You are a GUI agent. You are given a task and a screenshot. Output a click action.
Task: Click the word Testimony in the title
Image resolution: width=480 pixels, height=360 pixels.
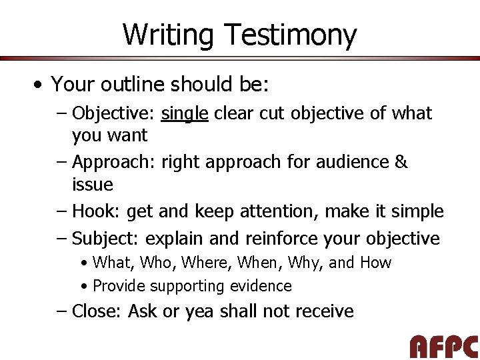point(291,35)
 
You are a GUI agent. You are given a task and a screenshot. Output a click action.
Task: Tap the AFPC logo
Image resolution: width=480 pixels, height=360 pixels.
point(443,347)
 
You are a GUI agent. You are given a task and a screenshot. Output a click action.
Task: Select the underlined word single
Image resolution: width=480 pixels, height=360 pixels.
point(185,114)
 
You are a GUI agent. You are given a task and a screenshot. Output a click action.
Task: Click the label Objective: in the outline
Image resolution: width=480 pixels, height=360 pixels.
point(114,114)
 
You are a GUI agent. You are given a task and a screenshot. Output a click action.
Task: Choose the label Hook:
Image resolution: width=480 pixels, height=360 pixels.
point(97,212)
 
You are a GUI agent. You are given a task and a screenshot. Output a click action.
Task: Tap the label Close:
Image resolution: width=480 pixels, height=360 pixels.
point(97,311)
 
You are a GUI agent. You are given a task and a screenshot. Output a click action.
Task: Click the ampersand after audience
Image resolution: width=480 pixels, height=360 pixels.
point(401,162)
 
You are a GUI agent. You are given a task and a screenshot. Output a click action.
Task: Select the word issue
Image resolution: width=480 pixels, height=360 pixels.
point(92,185)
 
